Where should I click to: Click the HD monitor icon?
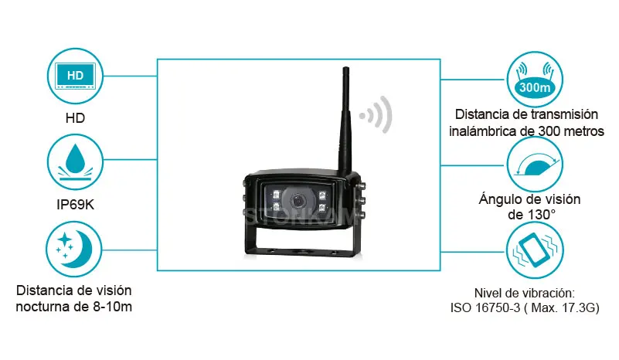tap(75, 77)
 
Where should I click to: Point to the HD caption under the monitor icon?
tap(75, 118)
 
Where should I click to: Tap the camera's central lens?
tap(298, 199)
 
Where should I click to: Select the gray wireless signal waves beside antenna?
tap(378, 116)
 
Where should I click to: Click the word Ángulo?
tap(495, 199)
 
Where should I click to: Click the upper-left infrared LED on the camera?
tap(271, 190)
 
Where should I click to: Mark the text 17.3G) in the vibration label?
tap(579, 307)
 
